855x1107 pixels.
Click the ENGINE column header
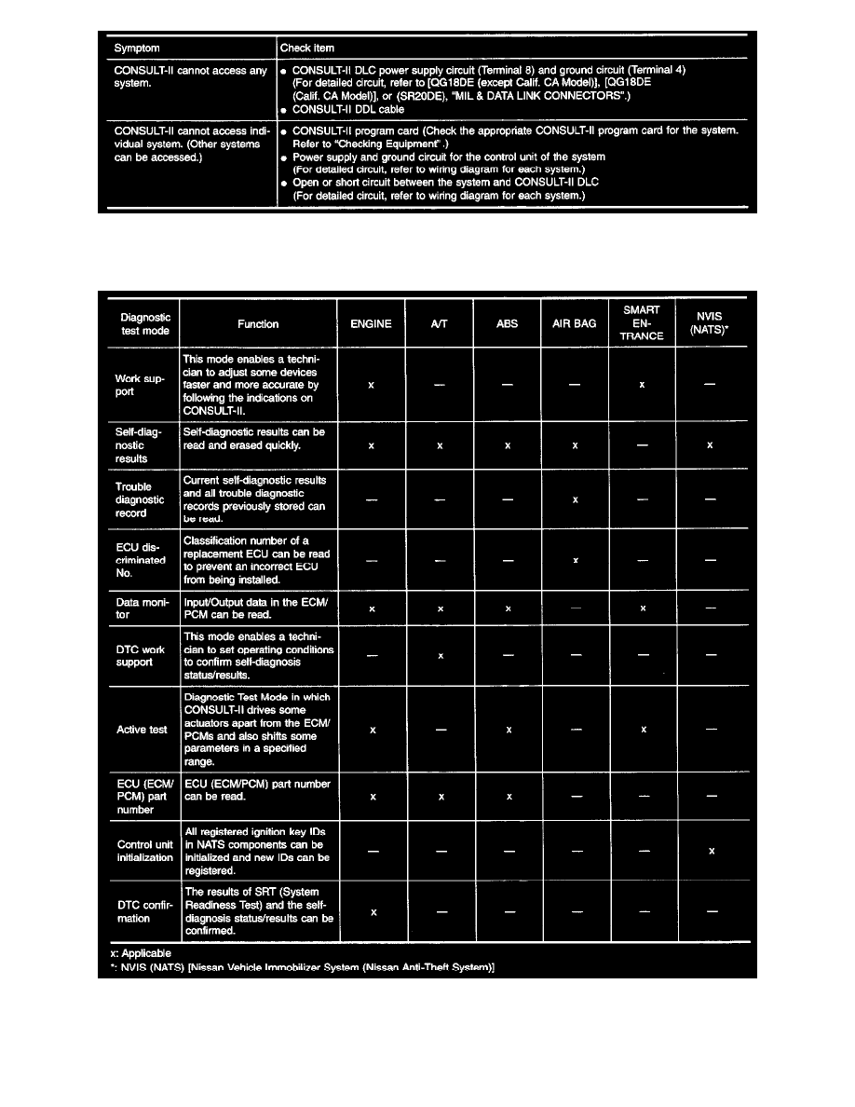(372, 324)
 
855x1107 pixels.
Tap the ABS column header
(508, 324)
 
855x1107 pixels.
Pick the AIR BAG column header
(575, 324)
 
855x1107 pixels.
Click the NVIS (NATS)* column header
(711, 323)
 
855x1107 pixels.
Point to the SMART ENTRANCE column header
(643, 323)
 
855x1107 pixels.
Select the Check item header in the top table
(308, 48)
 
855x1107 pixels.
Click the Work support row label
(140, 385)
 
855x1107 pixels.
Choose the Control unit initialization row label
(144, 851)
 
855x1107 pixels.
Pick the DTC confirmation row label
(141, 911)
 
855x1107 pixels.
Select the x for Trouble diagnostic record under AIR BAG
(576, 500)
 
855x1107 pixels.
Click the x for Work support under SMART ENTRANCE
(644, 386)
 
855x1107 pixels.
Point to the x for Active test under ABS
(509, 730)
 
